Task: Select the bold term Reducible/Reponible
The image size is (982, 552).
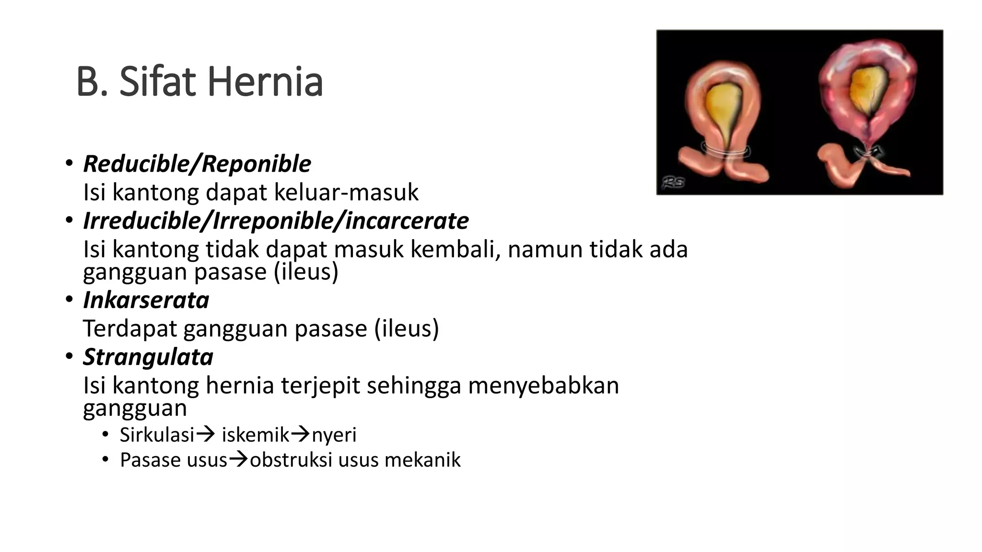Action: (x=197, y=164)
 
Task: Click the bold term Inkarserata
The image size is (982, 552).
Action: (x=146, y=300)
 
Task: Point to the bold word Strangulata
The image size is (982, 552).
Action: (x=148, y=357)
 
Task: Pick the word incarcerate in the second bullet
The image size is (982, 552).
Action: (x=407, y=221)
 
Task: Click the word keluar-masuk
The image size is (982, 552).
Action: (x=346, y=193)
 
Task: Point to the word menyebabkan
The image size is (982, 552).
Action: (x=543, y=386)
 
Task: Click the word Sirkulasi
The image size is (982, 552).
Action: (x=157, y=435)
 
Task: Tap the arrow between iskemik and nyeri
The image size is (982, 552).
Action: (x=301, y=435)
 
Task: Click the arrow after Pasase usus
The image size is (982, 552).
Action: (x=238, y=460)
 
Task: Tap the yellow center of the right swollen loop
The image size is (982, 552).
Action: (x=868, y=89)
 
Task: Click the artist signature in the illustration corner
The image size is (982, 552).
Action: (x=673, y=182)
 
